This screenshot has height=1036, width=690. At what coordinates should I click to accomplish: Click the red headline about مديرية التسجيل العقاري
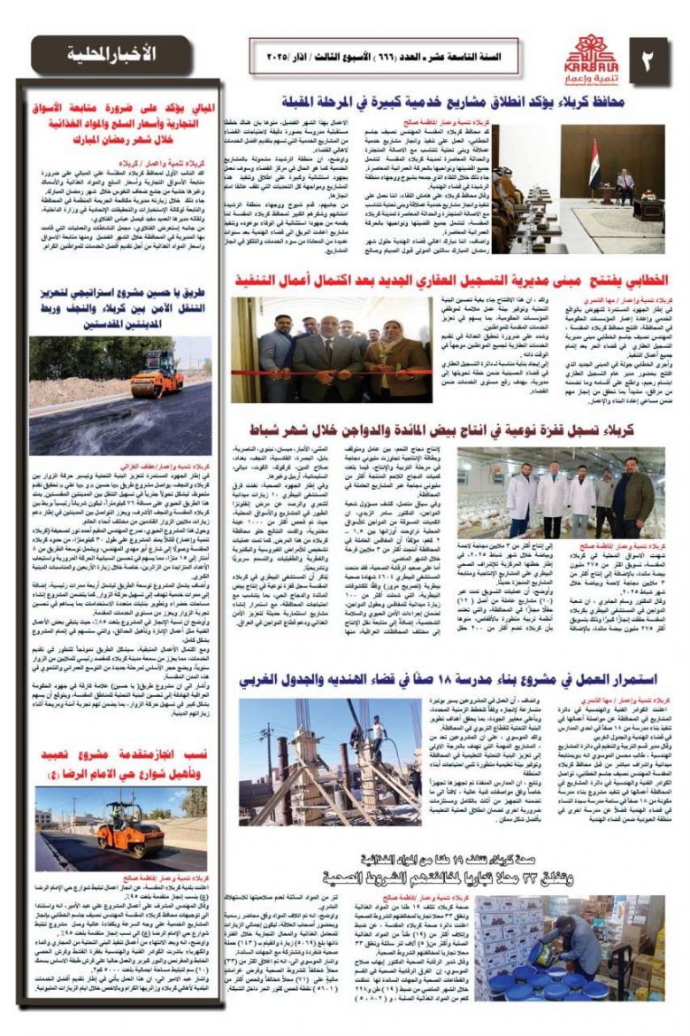click(x=450, y=279)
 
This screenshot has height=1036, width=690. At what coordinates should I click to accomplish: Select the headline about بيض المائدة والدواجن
click(x=456, y=430)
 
